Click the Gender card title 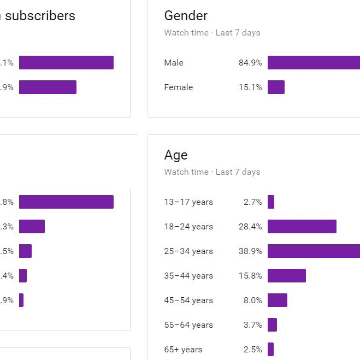186,16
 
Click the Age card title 176,155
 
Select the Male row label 174,63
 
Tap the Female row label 179,87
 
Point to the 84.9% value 250,63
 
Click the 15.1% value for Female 250,87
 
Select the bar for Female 276,87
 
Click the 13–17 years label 188,202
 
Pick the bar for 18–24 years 302,227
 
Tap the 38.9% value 250,251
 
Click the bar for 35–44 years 286,276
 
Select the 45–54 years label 188,300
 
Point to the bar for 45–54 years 277,300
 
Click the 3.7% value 253,325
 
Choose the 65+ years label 183,350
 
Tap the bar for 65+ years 270,350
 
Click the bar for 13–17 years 271,202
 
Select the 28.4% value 250,227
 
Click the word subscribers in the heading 40,16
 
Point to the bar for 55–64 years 272,325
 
